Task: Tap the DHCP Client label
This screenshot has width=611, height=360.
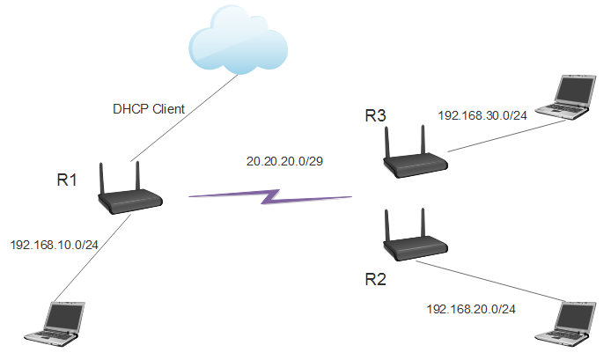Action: point(149,110)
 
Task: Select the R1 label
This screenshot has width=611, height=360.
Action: point(68,180)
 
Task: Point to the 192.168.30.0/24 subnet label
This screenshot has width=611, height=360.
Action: point(482,115)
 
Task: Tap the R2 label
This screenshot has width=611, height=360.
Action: point(376,280)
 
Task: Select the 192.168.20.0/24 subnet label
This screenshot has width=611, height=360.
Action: point(471,308)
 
